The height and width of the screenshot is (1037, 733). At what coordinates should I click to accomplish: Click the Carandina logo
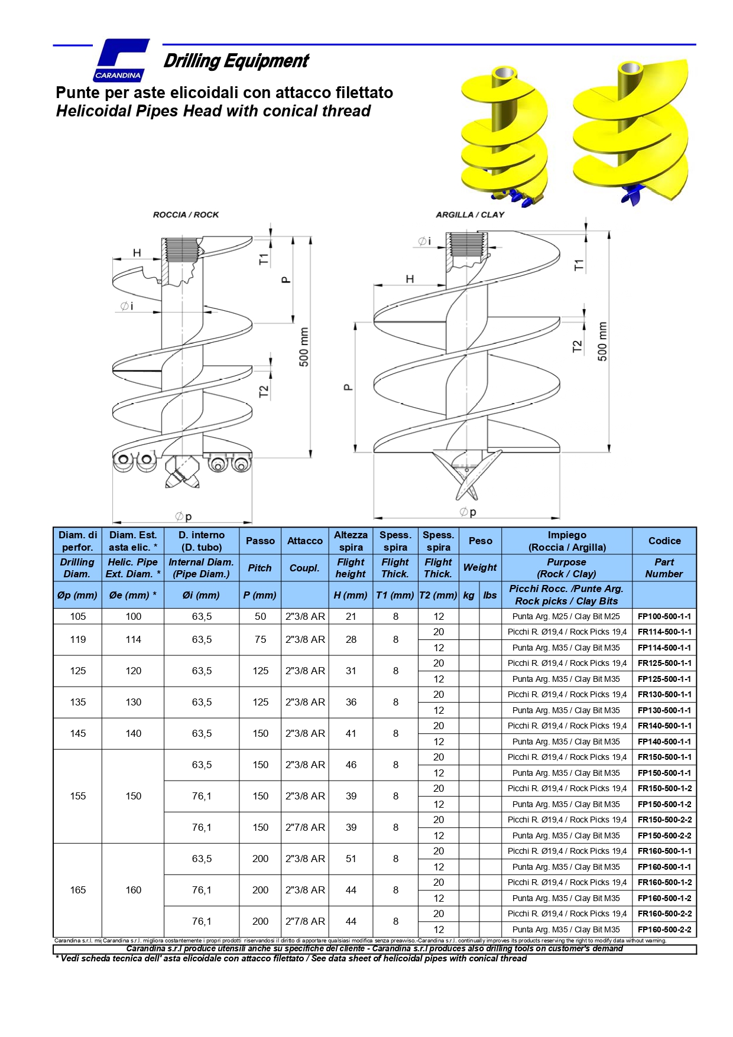(x=121, y=60)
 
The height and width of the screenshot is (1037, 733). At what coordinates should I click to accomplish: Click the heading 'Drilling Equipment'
(x=236, y=61)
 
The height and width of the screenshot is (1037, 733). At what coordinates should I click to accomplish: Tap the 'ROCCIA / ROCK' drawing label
(x=186, y=214)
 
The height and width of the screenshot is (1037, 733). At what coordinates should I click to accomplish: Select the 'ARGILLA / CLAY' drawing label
(x=470, y=214)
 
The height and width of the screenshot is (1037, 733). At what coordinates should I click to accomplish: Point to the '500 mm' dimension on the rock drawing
(x=304, y=347)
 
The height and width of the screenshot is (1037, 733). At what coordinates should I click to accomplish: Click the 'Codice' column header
(x=664, y=541)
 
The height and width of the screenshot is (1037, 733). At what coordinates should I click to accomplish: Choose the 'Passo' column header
(x=260, y=541)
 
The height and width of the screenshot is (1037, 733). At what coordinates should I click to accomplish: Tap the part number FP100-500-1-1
(x=664, y=616)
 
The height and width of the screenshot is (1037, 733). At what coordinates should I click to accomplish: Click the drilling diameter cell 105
(x=78, y=616)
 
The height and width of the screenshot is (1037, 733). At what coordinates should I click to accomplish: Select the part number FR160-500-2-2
(x=664, y=914)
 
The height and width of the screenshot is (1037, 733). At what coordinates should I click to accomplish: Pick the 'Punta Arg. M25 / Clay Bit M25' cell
(x=566, y=616)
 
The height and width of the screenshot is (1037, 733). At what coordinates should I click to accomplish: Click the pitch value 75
(x=260, y=639)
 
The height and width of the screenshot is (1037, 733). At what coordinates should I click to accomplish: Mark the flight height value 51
(x=351, y=859)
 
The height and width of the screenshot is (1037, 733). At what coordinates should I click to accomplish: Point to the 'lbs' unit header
(x=490, y=595)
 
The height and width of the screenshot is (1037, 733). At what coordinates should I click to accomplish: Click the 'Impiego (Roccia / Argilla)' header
(x=566, y=541)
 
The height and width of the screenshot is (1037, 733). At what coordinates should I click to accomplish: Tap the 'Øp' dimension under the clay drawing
(x=468, y=512)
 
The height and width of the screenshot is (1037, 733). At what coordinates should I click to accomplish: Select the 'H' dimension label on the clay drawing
(x=410, y=279)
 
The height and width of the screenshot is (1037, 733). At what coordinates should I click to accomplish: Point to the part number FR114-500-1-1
(x=664, y=632)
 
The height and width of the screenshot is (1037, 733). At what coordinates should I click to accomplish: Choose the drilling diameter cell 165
(x=78, y=890)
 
